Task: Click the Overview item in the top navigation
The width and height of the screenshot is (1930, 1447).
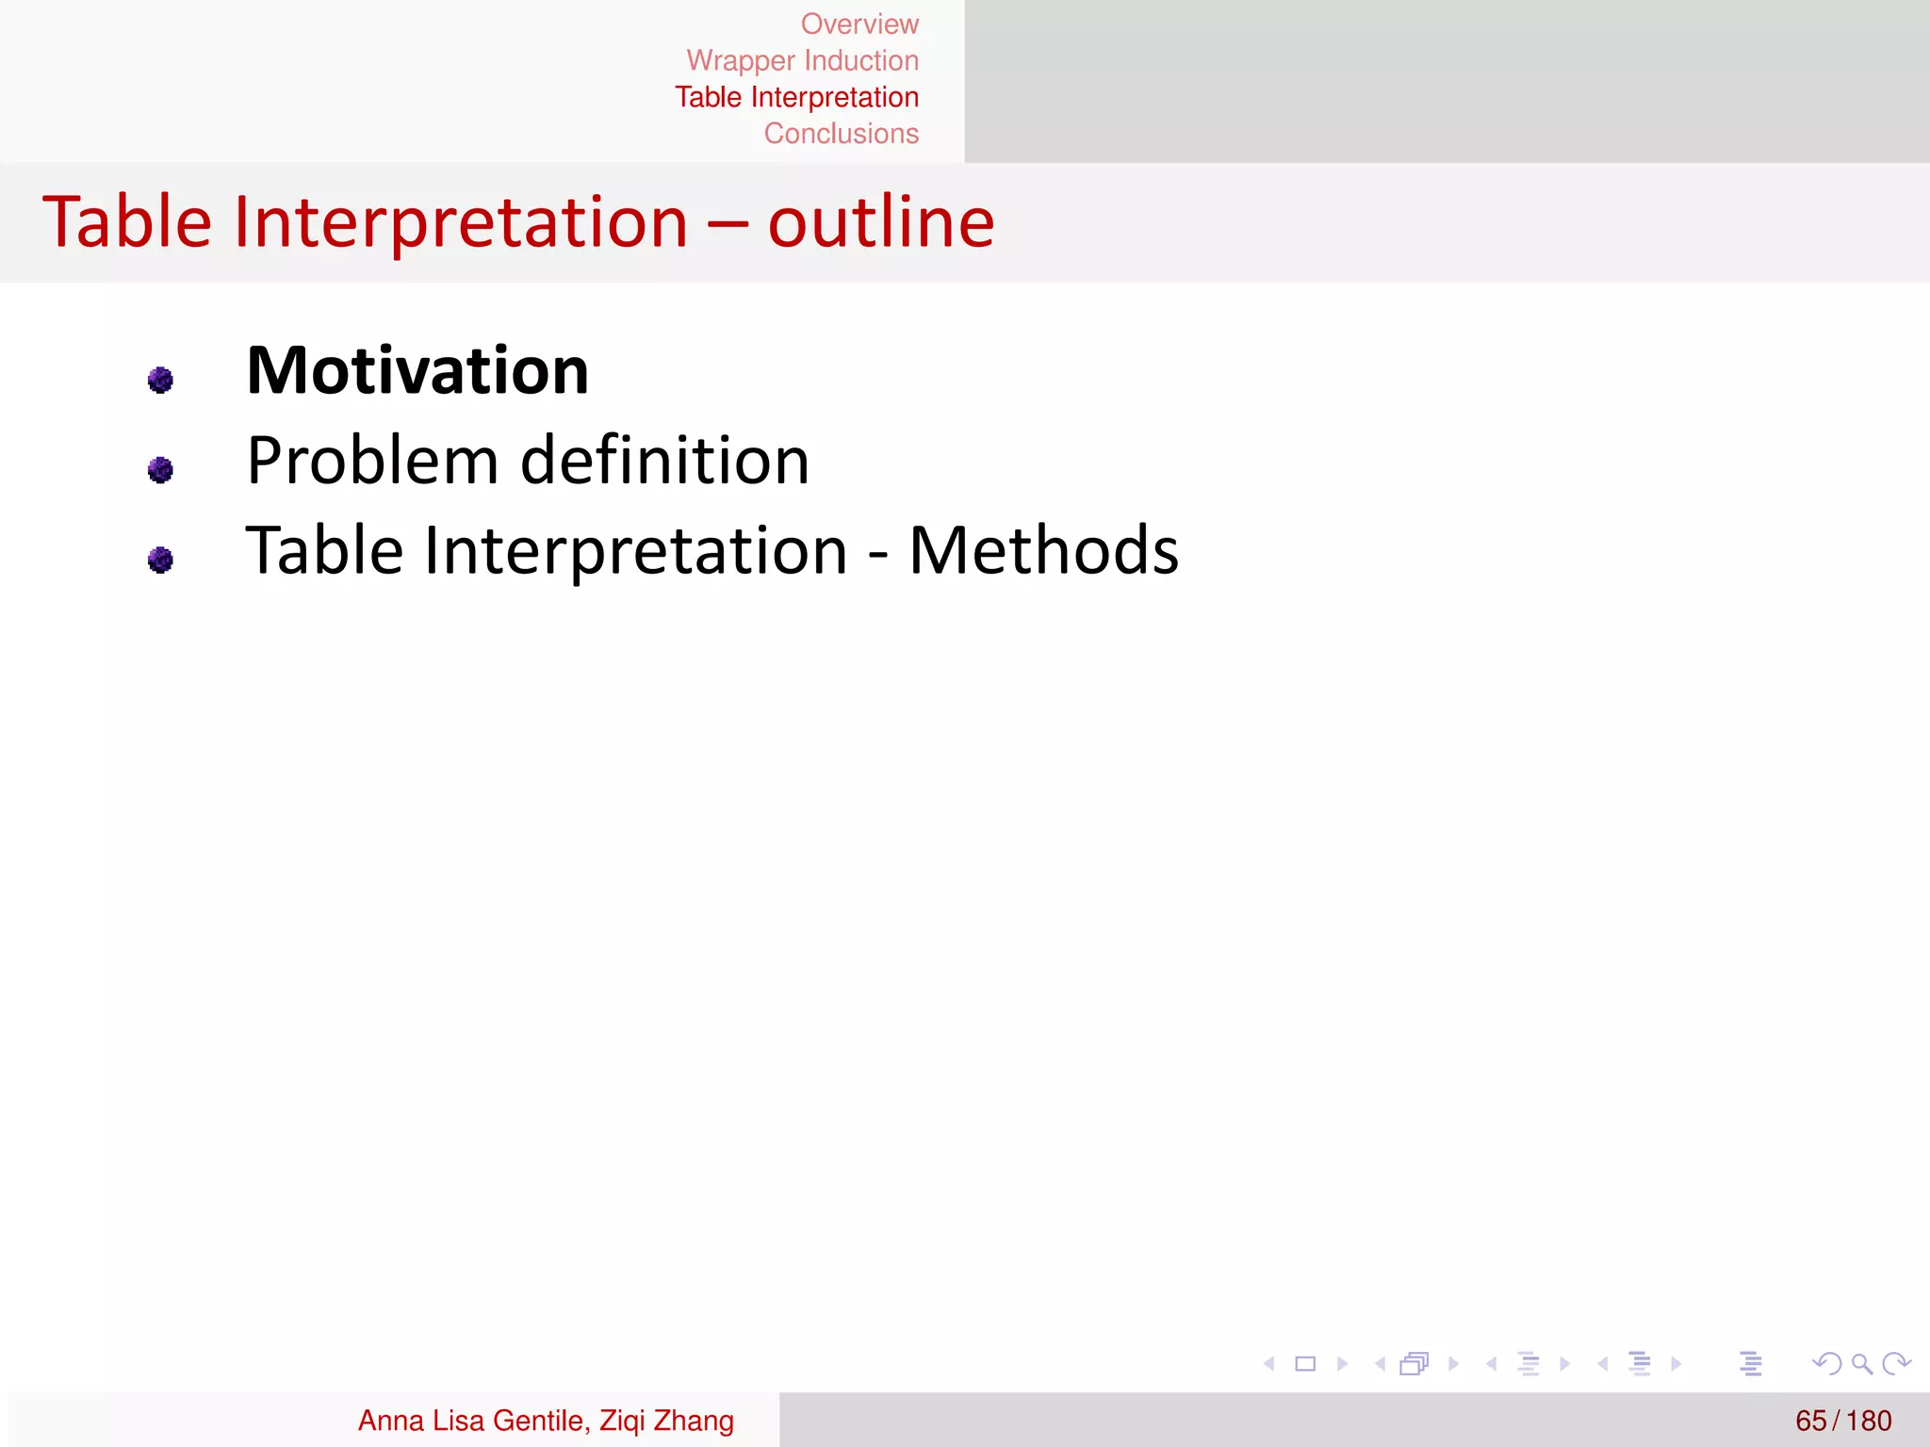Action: pos(859,24)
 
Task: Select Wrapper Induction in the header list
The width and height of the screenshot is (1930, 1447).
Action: pos(802,60)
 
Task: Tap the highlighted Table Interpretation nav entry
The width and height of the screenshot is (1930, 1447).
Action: pos(796,97)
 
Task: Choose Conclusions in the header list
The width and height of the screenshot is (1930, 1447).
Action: pos(841,134)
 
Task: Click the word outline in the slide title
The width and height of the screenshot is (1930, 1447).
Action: pos(880,223)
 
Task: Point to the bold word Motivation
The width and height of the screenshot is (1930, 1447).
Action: pos(417,371)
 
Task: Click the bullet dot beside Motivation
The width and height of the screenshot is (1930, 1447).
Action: pos(160,380)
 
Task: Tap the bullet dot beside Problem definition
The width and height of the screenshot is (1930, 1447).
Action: pos(160,469)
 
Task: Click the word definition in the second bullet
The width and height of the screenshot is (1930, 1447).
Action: pos(664,462)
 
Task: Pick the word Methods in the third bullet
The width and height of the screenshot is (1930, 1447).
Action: pos(1043,551)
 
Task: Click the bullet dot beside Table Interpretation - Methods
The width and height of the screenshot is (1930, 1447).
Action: pos(160,560)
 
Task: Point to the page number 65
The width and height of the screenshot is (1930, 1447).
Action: pos(1810,1421)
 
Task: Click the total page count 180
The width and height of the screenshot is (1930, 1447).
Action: pos(1869,1421)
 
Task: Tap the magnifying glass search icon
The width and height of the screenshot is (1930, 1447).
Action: pos(1861,1363)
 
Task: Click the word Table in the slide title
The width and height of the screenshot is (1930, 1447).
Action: pos(127,223)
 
